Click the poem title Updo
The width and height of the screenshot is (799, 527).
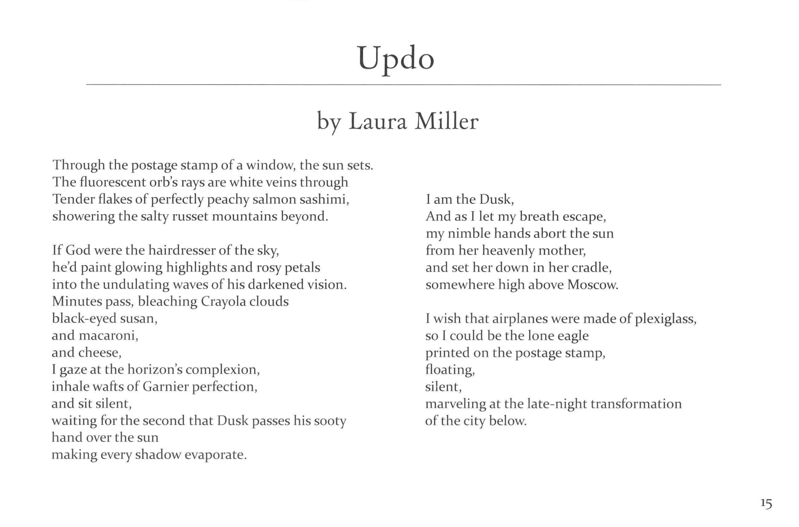tap(396, 59)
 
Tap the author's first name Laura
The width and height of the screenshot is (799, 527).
tap(378, 122)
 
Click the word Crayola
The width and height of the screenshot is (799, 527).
tap(223, 302)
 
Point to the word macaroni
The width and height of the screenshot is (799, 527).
tap(108, 336)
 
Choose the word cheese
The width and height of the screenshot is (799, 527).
tap(100, 353)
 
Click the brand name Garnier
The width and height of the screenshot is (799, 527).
tap(166, 387)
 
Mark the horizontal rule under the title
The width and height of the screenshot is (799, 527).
tap(403, 85)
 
